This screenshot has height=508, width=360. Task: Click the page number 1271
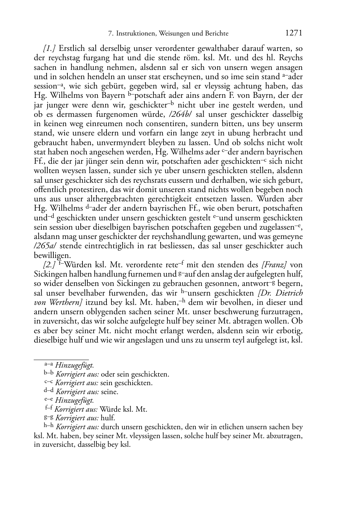coord(294,33)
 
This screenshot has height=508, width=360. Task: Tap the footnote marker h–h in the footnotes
coord(49,426)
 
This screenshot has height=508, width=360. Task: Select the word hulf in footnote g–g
coord(108,418)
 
